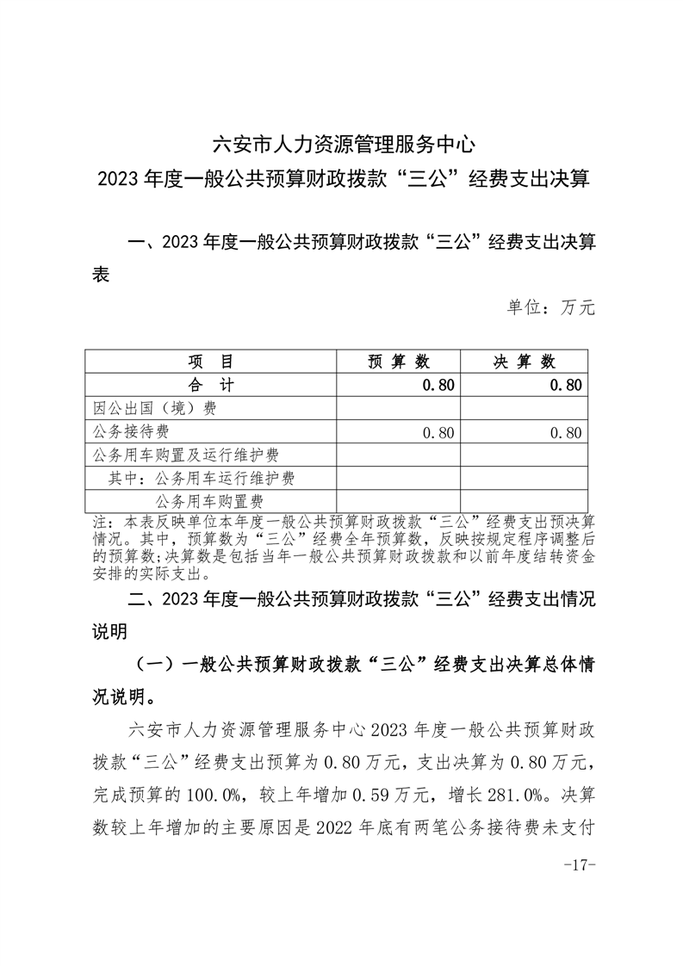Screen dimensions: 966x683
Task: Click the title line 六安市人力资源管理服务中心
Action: point(343,142)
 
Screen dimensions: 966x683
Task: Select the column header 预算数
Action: point(398,362)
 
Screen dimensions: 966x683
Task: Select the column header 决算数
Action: point(524,362)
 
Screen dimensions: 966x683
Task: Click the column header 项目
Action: point(210,362)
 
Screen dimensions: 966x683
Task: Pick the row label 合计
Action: point(210,385)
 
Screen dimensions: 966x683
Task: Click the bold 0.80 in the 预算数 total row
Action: point(438,385)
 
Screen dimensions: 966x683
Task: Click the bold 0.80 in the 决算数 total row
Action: point(565,385)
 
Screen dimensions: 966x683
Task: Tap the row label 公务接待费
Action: point(130,432)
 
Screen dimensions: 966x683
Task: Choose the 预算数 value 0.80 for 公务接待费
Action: point(438,432)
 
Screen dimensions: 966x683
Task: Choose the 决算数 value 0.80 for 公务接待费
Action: point(565,432)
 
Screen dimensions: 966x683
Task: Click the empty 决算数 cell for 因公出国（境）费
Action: point(524,408)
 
